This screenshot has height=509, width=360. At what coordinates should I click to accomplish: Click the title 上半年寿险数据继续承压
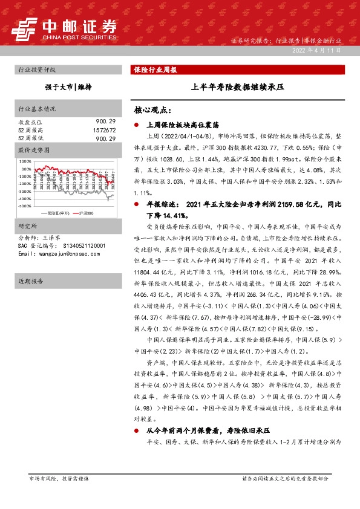coord(237,87)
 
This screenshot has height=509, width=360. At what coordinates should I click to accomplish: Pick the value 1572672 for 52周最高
coord(105,130)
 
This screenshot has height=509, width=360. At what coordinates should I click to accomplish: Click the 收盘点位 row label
coord(30,122)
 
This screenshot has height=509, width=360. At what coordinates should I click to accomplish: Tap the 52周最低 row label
coord(30,138)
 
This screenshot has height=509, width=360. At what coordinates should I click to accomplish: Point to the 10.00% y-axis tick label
coord(25,162)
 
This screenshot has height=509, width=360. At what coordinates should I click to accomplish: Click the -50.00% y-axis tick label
coord(25,206)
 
